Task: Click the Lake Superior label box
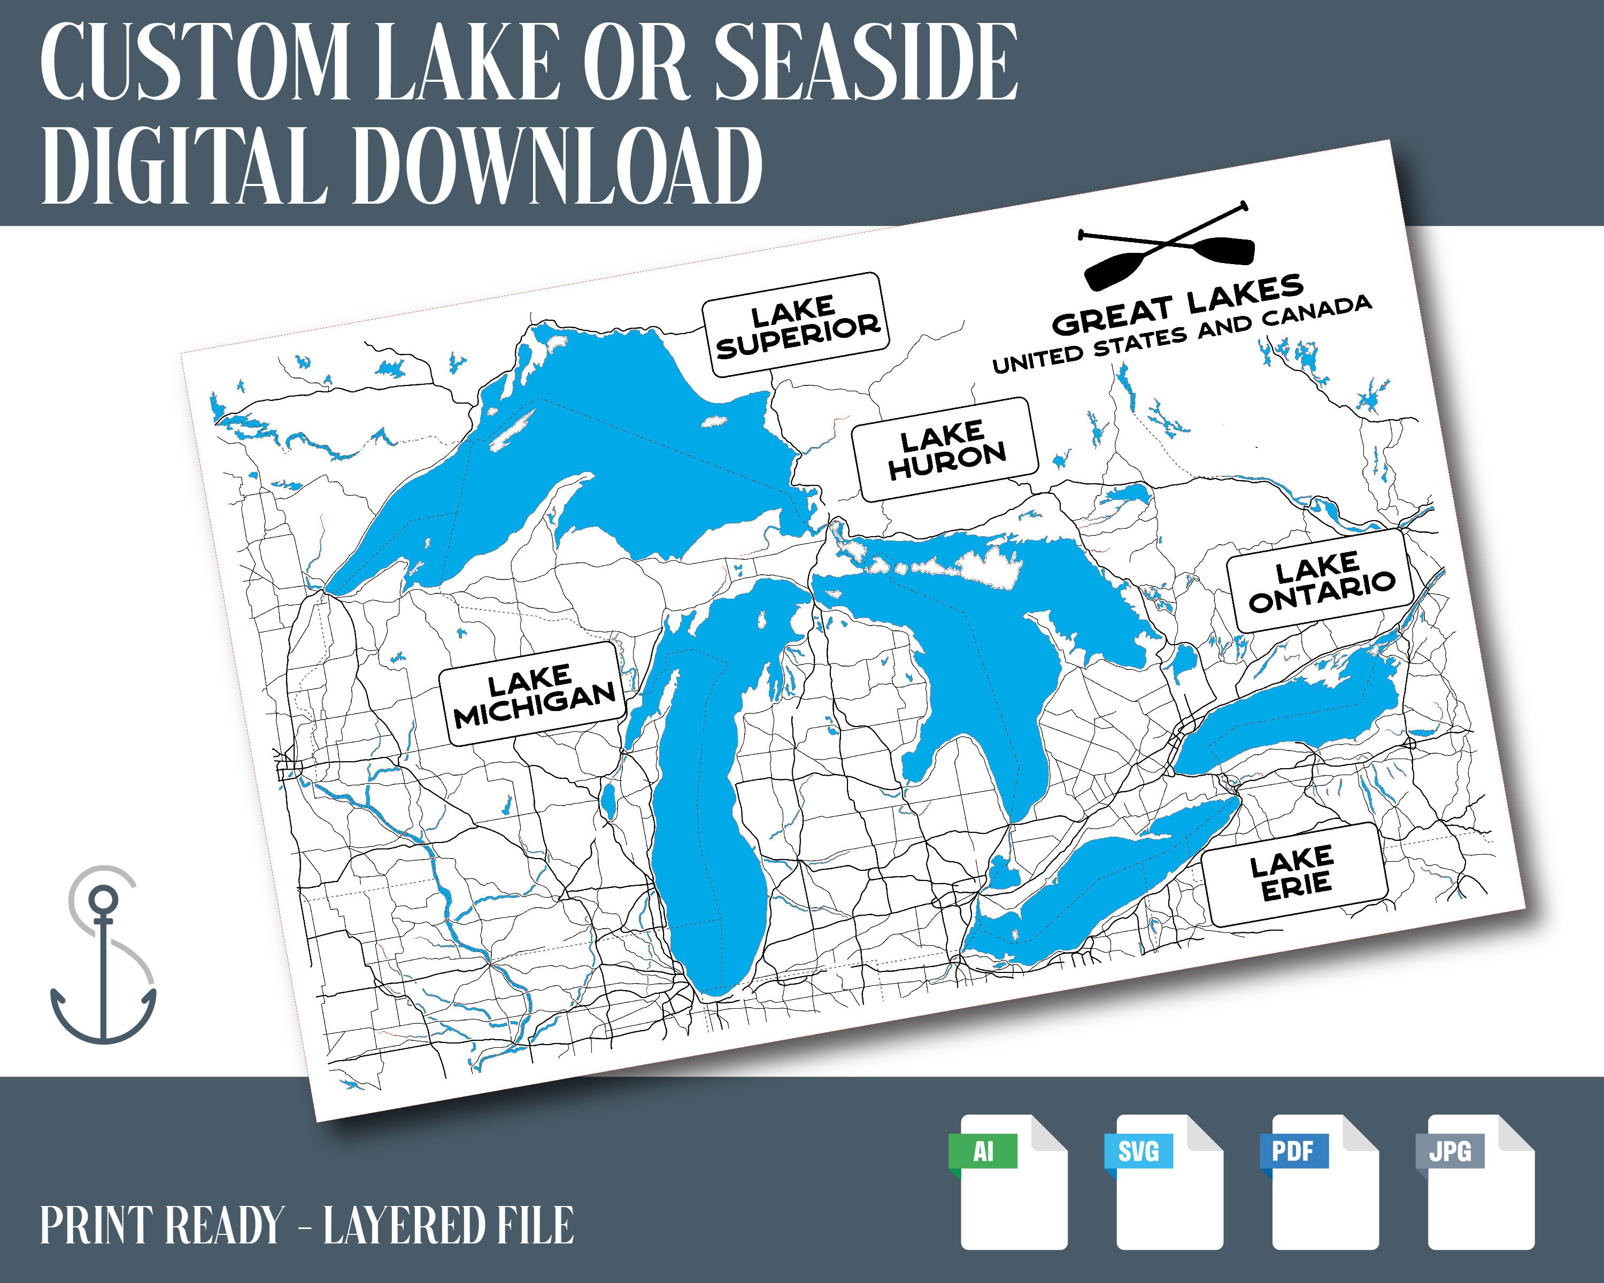pyautogui.click(x=797, y=325)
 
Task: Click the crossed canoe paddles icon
pyautogui.click(x=1167, y=245)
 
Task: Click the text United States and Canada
pyautogui.click(x=1182, y=334)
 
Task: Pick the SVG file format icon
pyautogui.click(x=1169, y=1182)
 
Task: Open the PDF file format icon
pyautogui.click(x=1324, y=1182)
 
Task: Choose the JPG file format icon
pyautogui.click(x=1480, y=1182)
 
